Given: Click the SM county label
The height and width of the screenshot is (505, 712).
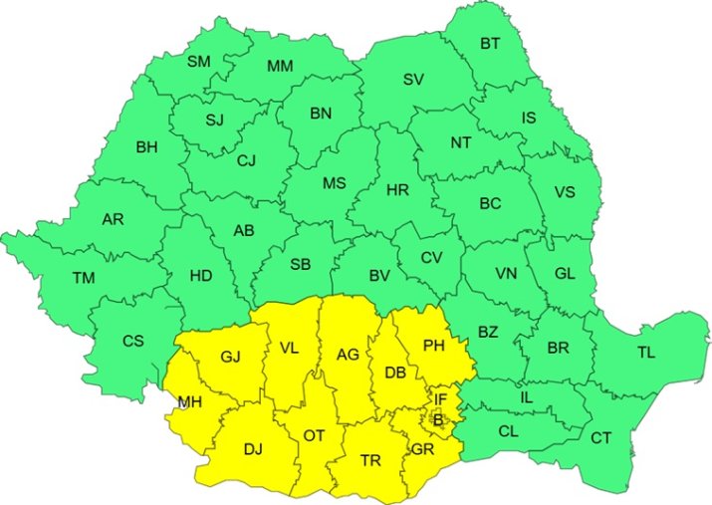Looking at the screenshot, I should tap(199, 62).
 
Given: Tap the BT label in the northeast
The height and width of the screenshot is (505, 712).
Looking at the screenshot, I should tap(491, 44).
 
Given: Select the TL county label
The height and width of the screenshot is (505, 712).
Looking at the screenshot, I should tap(646, 352).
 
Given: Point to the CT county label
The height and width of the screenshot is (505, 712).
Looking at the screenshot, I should tap(600, 437).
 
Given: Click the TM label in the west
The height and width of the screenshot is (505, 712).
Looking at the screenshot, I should tap(83, 278).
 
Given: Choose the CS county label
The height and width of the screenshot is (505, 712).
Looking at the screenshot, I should tap(132, 341).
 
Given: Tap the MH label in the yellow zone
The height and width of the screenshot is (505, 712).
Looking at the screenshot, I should tap(190, 402).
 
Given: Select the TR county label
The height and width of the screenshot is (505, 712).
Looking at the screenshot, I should tap(370, 460).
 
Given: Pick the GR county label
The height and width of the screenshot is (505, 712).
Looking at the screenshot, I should tap(422, 449).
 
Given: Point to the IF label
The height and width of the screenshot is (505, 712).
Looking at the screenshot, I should tap(439, 399).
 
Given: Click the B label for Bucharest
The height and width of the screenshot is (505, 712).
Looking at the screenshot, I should tap(437, 420).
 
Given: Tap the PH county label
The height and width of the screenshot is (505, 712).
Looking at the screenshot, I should tap(433, 346).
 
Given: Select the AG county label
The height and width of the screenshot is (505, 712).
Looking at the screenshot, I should tap(348, 355).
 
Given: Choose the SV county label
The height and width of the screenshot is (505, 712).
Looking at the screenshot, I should tap(413, 79).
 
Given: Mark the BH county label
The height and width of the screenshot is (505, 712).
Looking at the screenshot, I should tap(146, 147).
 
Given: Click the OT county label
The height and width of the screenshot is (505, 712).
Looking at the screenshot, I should tap(315, 435).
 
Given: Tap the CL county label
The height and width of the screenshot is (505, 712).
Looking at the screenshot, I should tap(508, 431).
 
